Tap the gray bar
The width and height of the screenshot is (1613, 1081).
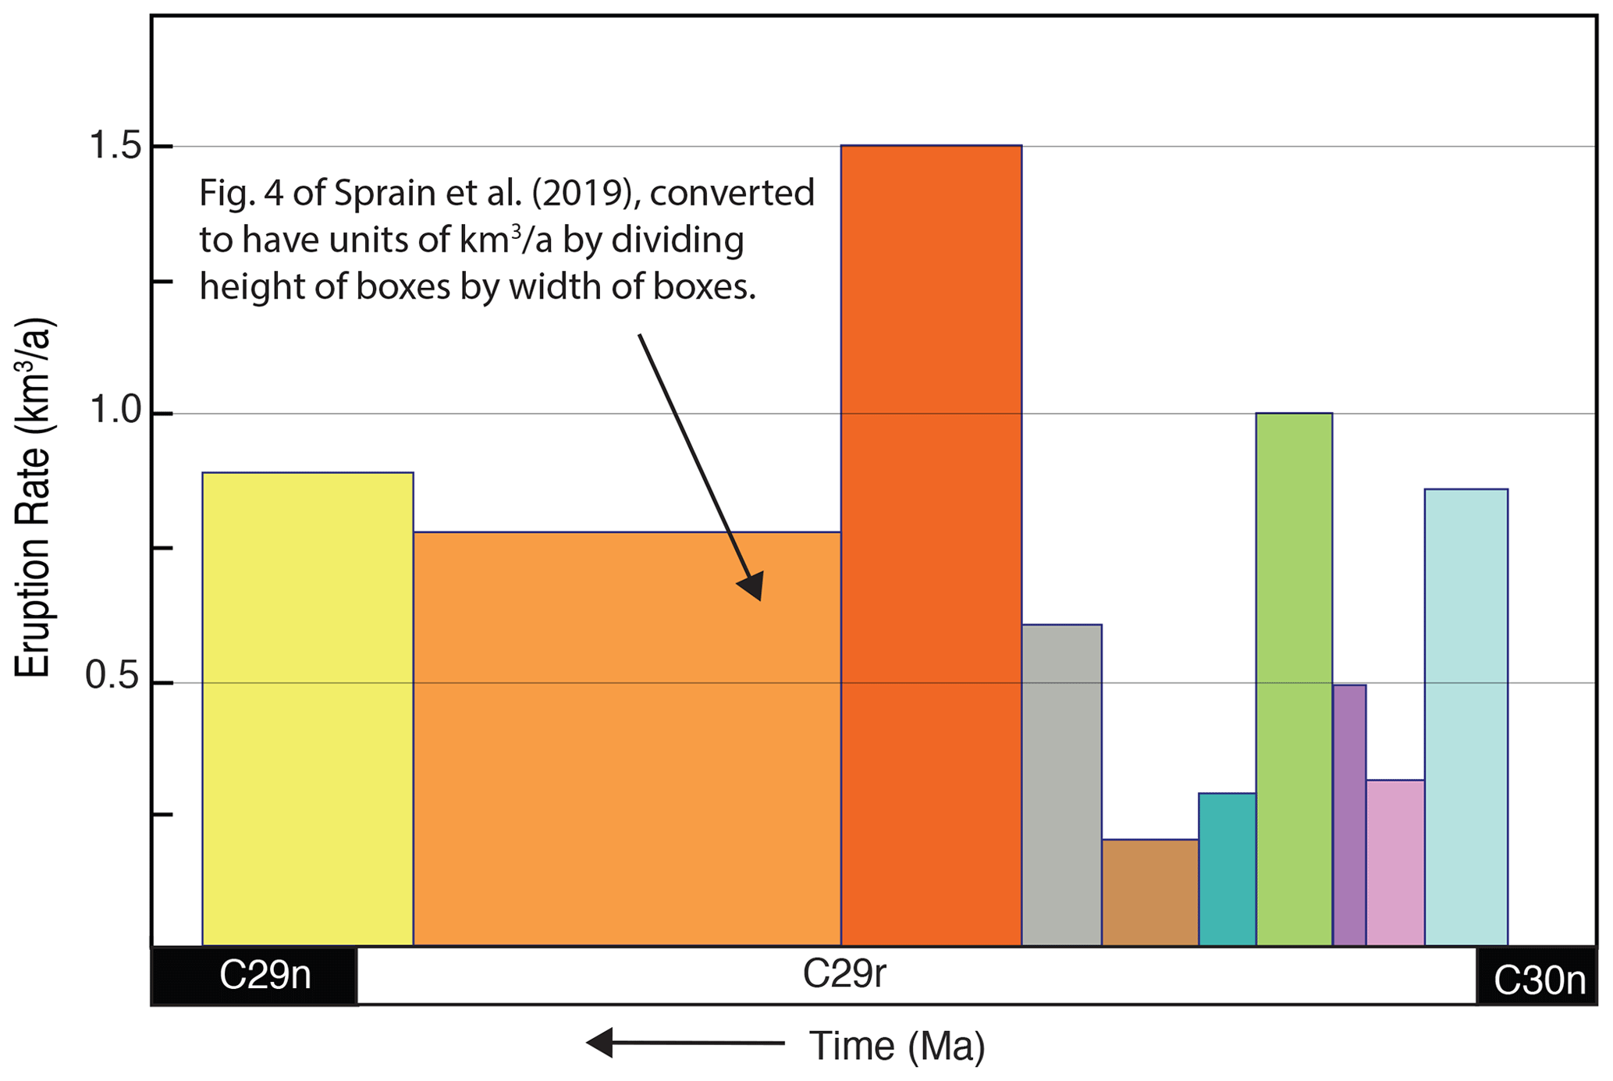point(1061,784)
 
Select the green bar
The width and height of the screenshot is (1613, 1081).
point(1294,679)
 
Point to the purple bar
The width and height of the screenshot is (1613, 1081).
point(1349,815)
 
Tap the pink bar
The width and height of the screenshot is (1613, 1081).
point(1394,862)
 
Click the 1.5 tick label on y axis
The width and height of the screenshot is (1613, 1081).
point(115,146)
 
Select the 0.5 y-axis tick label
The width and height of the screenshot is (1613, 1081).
point(112,676)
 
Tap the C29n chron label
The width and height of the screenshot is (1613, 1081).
point(265,976)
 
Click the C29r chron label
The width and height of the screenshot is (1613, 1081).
point(844,974)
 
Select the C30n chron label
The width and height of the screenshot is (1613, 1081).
point(1538,980)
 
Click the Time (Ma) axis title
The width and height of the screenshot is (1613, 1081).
point(897,1046)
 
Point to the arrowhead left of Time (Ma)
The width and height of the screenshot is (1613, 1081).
point(600,1042)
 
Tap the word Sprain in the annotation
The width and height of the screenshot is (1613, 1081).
point(387,194)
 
